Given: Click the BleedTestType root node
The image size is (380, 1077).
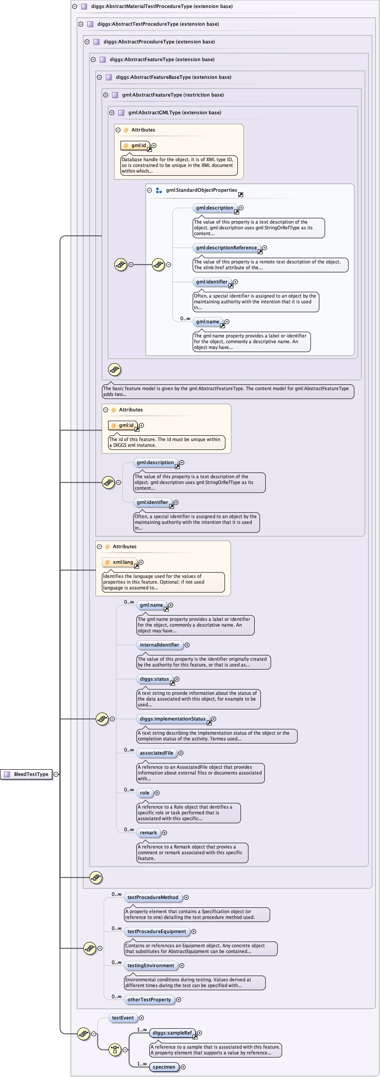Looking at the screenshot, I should [x=27, y=774].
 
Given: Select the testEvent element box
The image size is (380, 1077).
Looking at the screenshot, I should [x=123, y=1018].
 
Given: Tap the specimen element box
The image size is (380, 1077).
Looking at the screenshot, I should [x=164, y=1067].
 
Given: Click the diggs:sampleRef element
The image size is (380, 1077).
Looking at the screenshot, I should [x=172, y=1033].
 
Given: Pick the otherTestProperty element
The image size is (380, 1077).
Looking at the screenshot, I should [x=149, y=1000].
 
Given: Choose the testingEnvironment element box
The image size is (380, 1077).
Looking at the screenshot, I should [x=151, y=965].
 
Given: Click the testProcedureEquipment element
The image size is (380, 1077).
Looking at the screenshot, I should [x=157, y=931].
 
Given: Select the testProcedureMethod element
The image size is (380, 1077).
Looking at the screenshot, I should [x=153, y=897].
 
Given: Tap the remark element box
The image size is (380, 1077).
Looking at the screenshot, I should [x=148, y=833].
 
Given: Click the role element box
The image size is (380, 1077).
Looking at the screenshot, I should [x=144, y=793].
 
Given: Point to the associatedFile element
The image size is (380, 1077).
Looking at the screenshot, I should [x=156, y=753].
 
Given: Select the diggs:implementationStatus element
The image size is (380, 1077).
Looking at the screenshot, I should [x=173, y=719].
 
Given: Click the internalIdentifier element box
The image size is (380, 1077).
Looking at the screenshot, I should [x=159, y=645].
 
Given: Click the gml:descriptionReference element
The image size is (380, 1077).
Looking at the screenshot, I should [x=226, y=248].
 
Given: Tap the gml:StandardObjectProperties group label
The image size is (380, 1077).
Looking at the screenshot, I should [x=202, y=190].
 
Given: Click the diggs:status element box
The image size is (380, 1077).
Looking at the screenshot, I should [x=154, y=679].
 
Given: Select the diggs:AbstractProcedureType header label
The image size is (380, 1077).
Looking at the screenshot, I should [x=159, y=42].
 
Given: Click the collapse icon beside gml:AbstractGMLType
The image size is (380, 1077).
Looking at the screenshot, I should [x=112, y=112].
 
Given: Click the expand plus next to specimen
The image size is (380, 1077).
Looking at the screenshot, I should [x=183, y=1067].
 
